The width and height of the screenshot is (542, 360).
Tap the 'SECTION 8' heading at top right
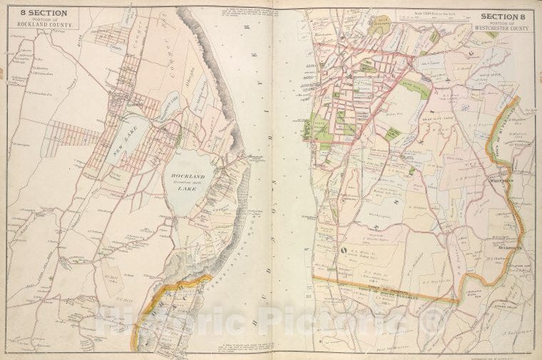503,16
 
